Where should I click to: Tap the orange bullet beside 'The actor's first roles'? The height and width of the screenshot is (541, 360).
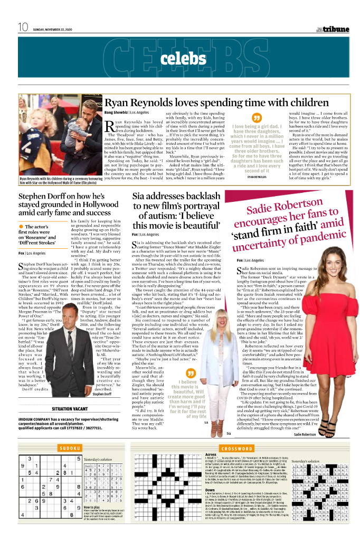22,227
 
